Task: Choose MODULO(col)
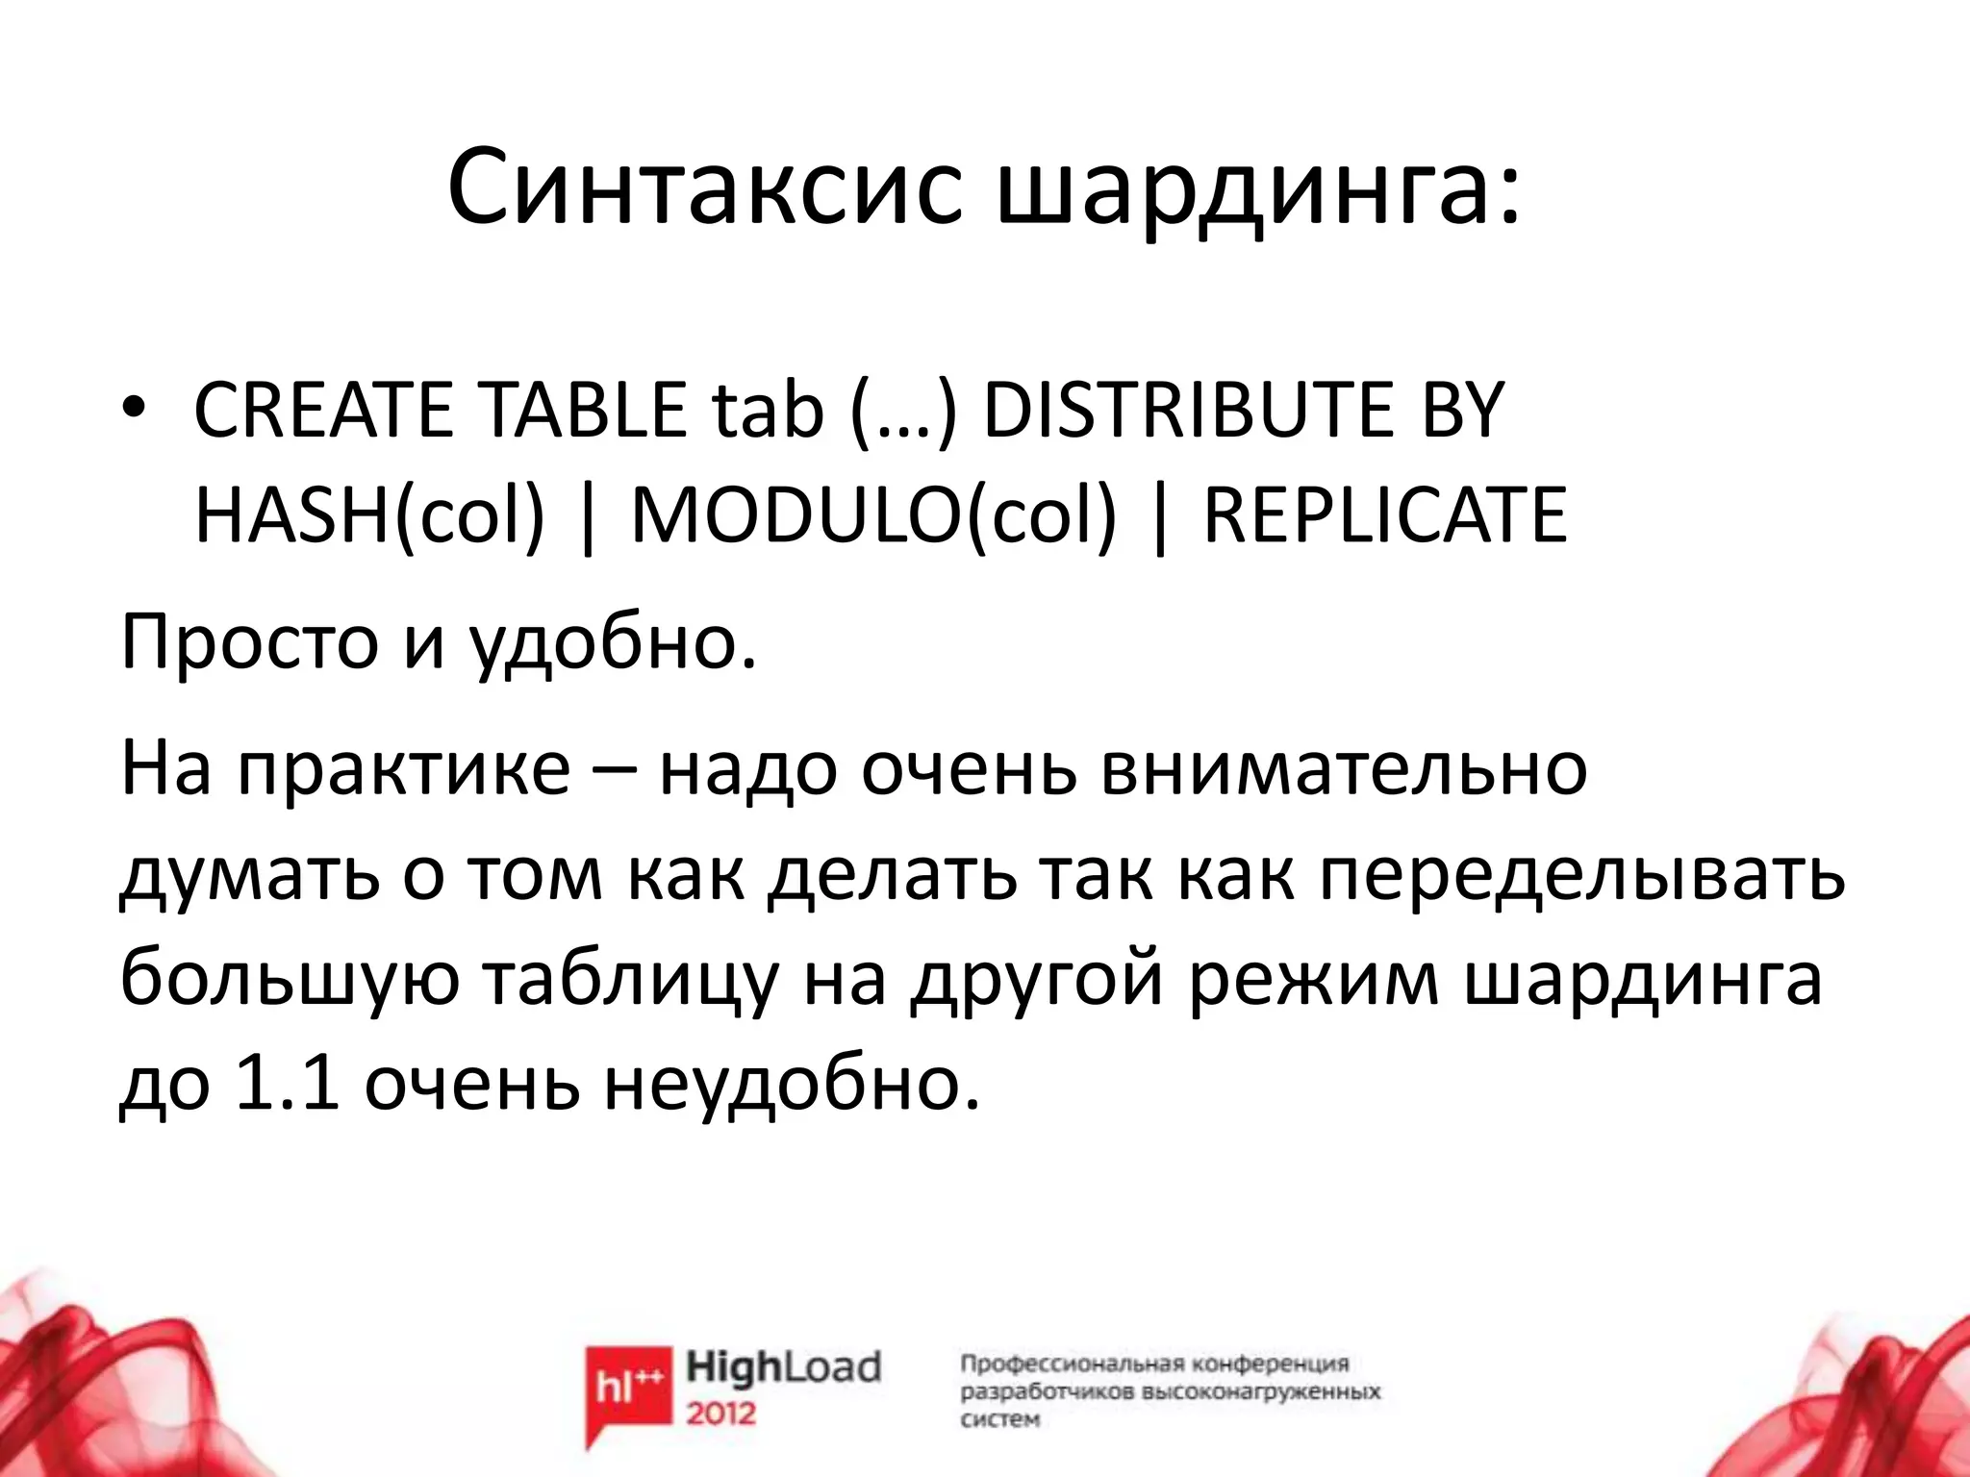point(873,517)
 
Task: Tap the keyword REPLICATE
point(1385,517)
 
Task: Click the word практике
point(404,769)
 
